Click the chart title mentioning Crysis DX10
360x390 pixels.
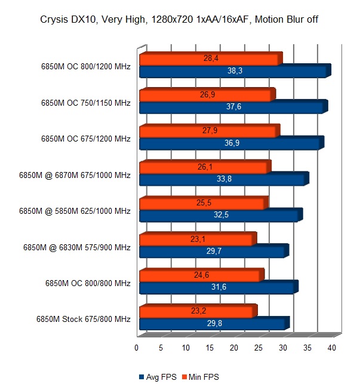click(x=180, y=19)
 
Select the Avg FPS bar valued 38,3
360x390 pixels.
click(x=233, y=72)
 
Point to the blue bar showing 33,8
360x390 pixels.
click(x=221, y=179)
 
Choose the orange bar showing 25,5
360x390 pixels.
click(x=202, y=203)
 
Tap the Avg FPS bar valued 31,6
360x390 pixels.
click(x=216, y=287)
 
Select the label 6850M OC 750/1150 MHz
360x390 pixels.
click(x=85, y=103)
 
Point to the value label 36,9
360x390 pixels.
click(x=230, y=143)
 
